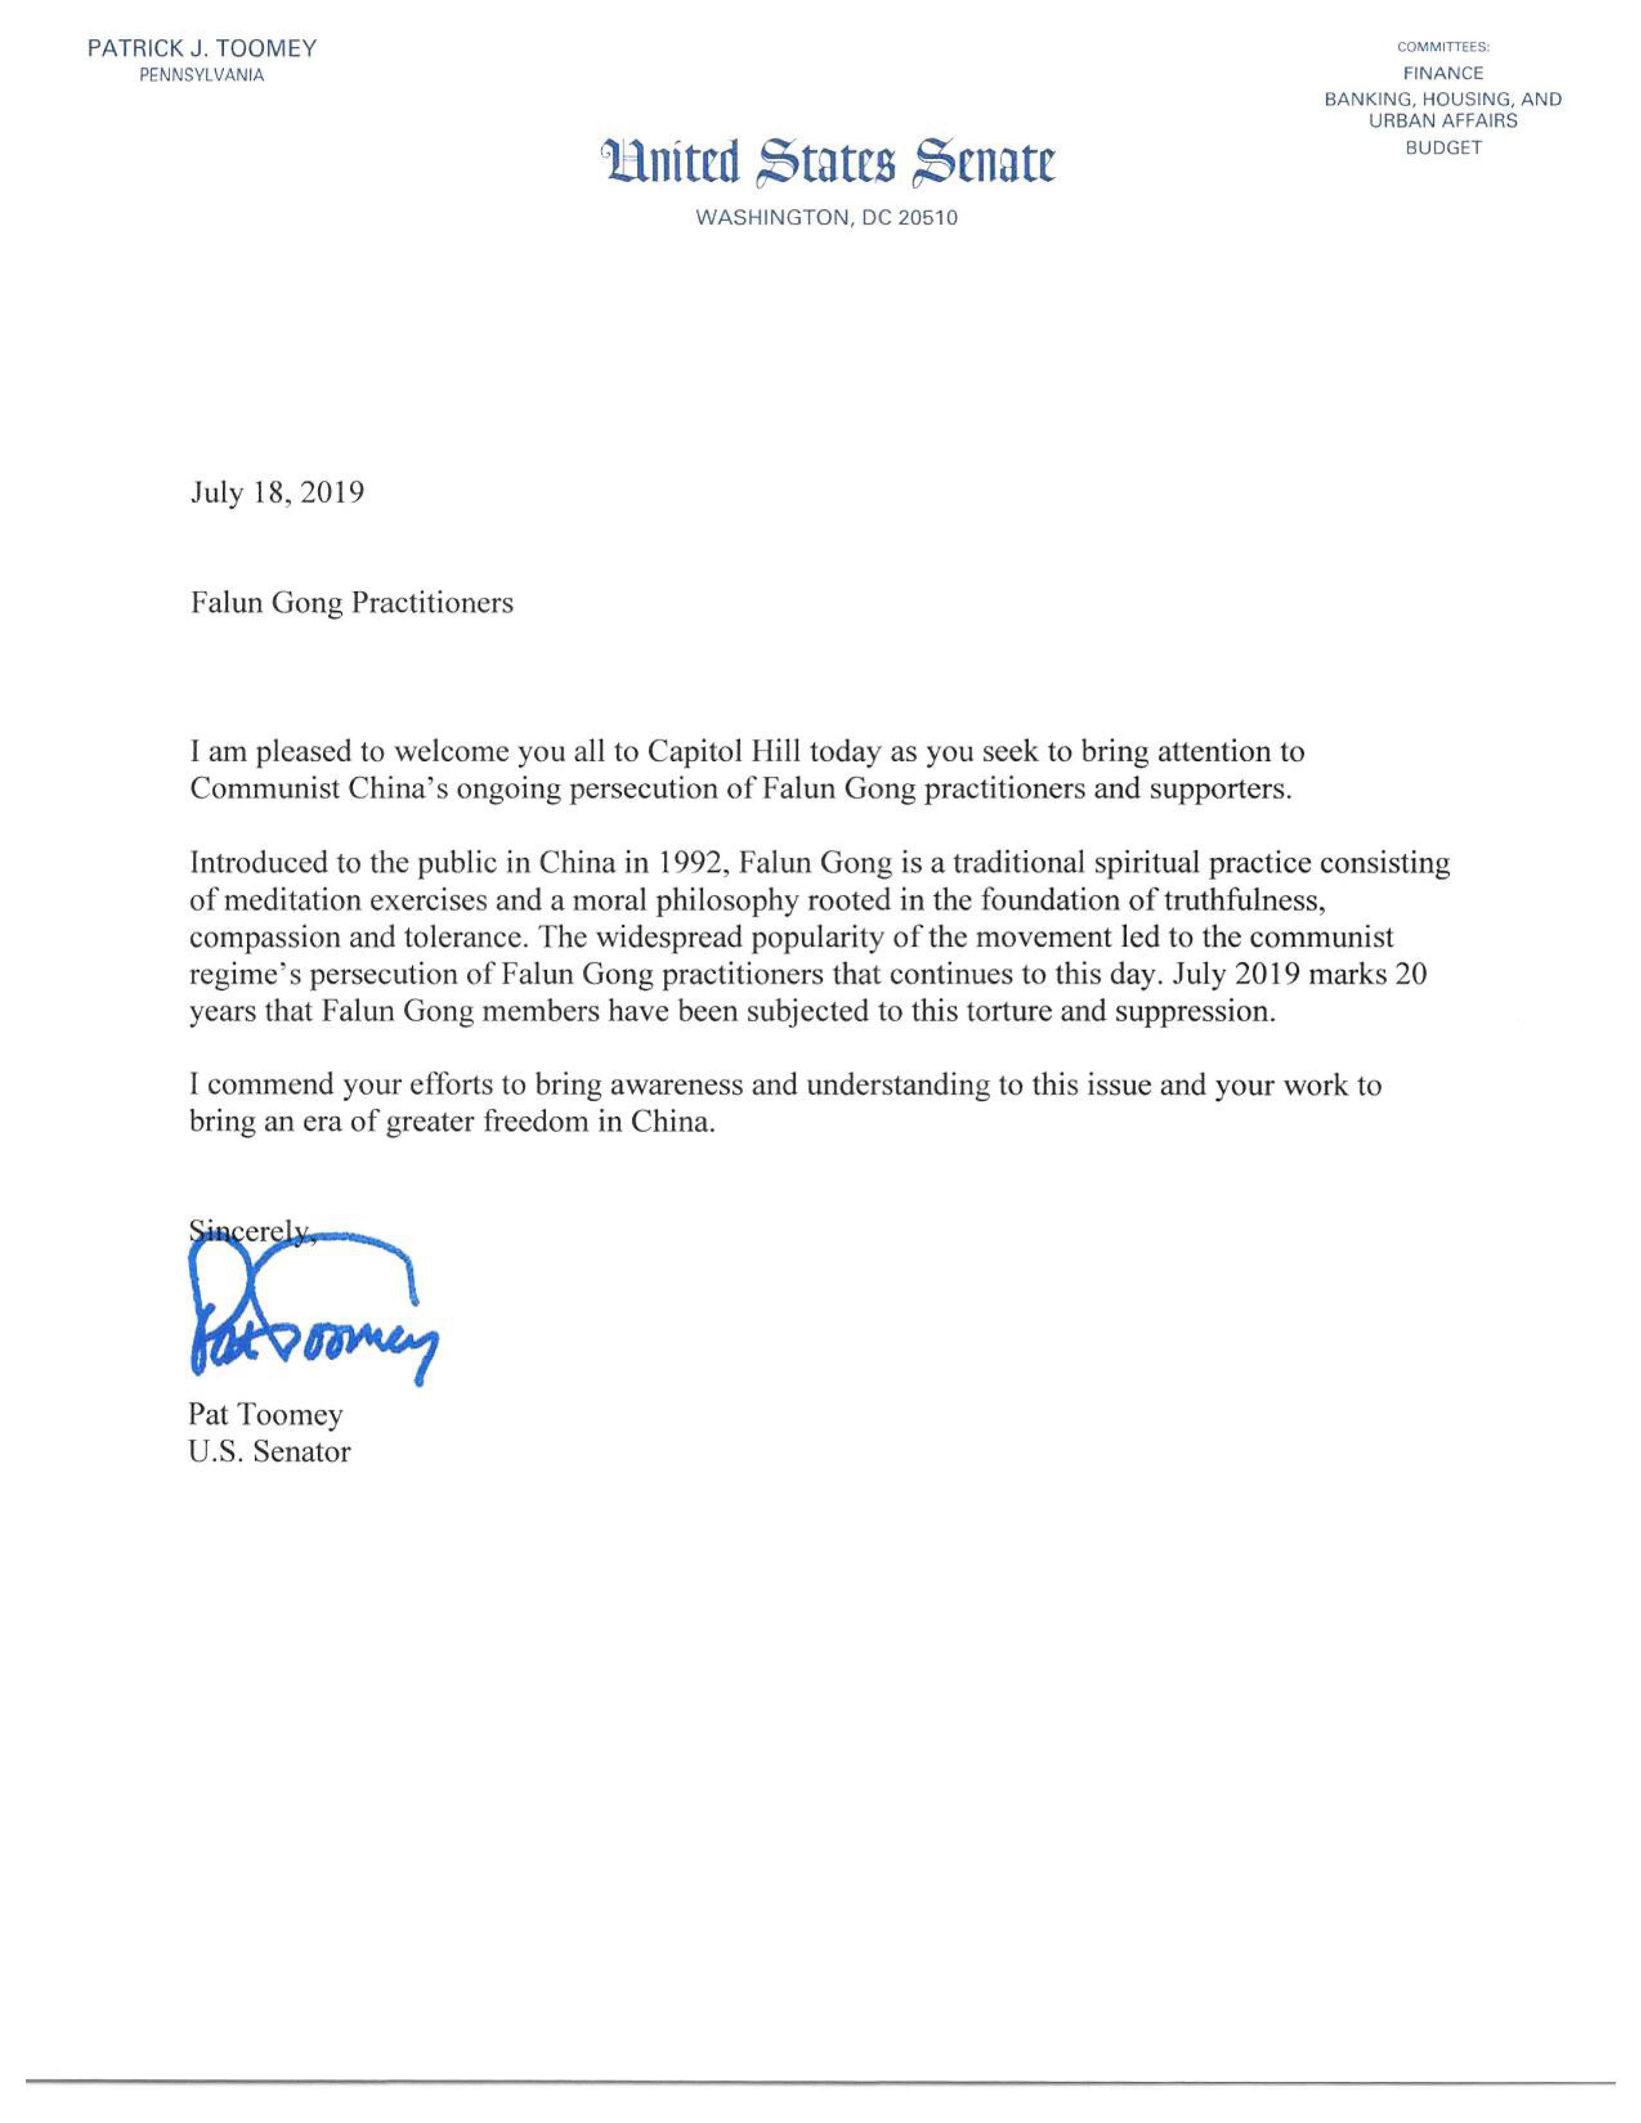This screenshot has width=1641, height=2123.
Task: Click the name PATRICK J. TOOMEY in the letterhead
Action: click(202, 49)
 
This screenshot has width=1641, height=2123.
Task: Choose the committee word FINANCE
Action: click(1443, 73)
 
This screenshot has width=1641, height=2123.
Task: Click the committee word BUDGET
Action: click(1443, 149)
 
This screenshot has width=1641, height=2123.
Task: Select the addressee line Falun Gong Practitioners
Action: click(352, 603)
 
